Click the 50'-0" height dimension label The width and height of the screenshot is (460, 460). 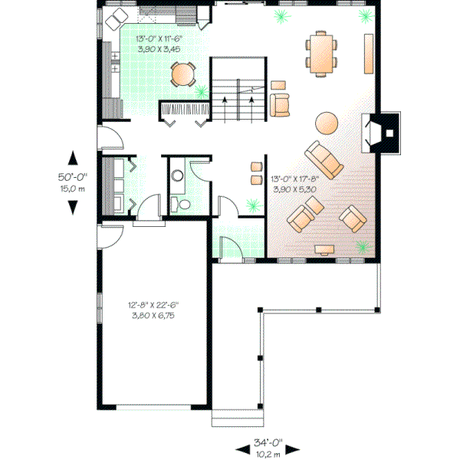tap(73, 177)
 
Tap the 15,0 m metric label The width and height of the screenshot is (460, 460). tap(73, 189)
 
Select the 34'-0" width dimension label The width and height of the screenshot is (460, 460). tap(268, 443)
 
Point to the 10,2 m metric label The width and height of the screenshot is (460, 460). tap(268, 454)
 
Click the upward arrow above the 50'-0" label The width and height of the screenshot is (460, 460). tap(73, 158)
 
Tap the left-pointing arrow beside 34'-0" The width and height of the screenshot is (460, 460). tap(238, 449)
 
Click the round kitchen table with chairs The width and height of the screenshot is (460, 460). tap(183, 74)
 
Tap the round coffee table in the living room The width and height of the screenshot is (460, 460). tap(326, 123)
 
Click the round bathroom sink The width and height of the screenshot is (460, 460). tap(178, 176)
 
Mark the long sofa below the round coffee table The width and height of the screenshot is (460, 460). tap(325, 157)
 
